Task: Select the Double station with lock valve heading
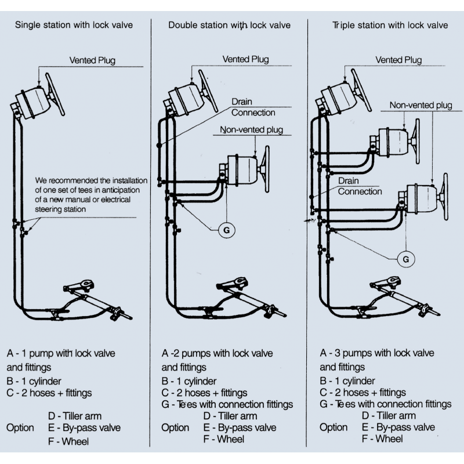pyautogui.click(x=230, y=25)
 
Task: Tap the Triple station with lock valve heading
pyautogui.click(x=390, y=25)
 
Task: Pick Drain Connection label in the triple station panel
pyautogui.click(x=360, y=186)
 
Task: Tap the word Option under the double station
pyautogui.click(x=175, y=427)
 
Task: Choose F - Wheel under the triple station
pyautogui.click(x=382, y=439)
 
